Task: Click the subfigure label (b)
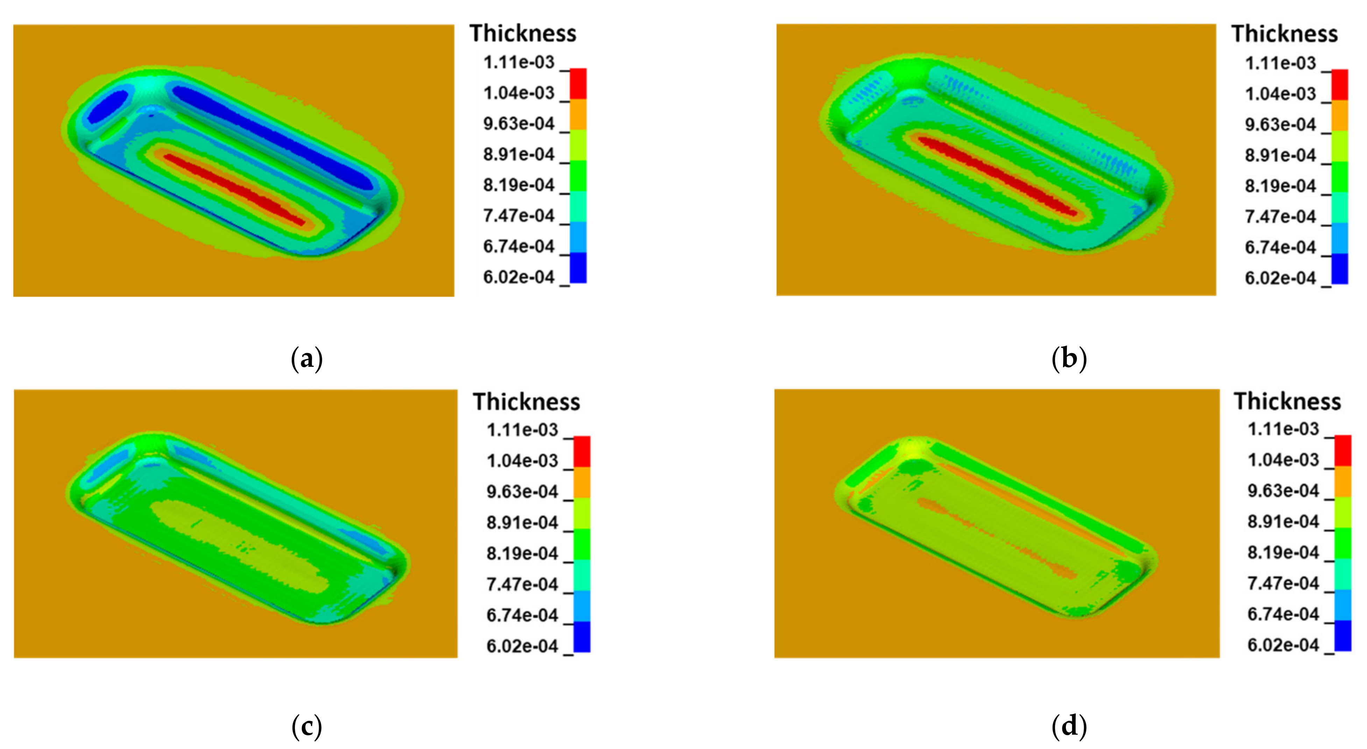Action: pos(1069,359)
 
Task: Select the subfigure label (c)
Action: pos(307,726)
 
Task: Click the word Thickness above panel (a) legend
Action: pos(523,34)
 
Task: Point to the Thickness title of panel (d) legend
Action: pos(1287,401)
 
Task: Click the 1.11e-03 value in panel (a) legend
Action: pos(518,63)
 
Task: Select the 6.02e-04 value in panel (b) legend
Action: pos(1281,278)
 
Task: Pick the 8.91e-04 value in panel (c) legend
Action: pos(522,523)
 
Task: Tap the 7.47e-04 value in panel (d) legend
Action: pos(1283,583)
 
